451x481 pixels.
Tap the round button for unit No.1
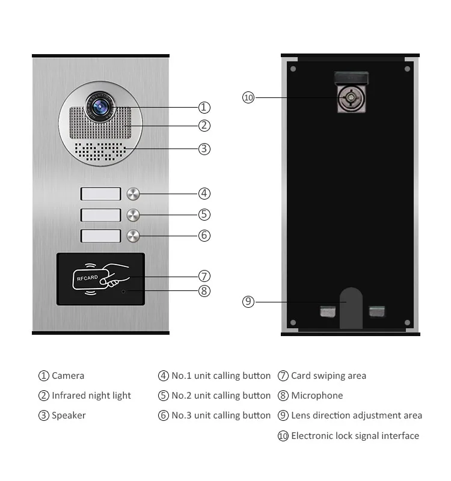(x=133, y=194)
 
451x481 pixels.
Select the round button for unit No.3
(x=133, y=236)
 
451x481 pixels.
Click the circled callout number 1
(x=204, y=108)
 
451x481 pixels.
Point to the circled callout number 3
(x=204, y=149)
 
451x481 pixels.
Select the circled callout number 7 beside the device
(x=204, y=276)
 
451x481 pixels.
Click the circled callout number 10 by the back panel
(x=248, y=97)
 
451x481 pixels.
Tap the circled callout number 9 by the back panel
(x=248, y=302)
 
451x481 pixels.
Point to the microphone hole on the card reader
(x=124, y=292)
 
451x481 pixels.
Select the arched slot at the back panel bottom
(x=351, y=308)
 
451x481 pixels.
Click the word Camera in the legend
(x=68, y=376)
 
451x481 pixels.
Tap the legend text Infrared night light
(x=91, y=396)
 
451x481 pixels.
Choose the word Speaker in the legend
(x=69, y=415)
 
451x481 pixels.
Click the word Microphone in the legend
(x=317, y=396)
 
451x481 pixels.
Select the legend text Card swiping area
(x=328, y=376)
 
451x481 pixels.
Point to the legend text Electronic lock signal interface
(x=355, y=436)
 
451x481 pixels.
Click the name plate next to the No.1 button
(x=100, y=194)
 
